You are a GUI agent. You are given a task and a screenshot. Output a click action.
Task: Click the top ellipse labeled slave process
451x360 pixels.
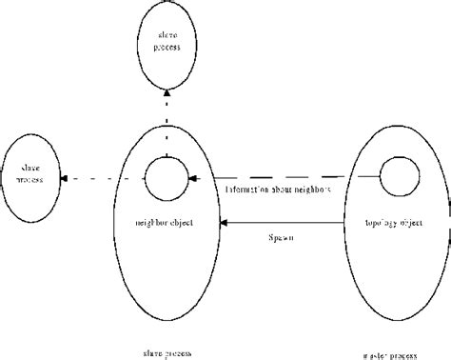166,42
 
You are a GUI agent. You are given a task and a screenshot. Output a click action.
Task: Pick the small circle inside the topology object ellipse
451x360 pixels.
396,176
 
